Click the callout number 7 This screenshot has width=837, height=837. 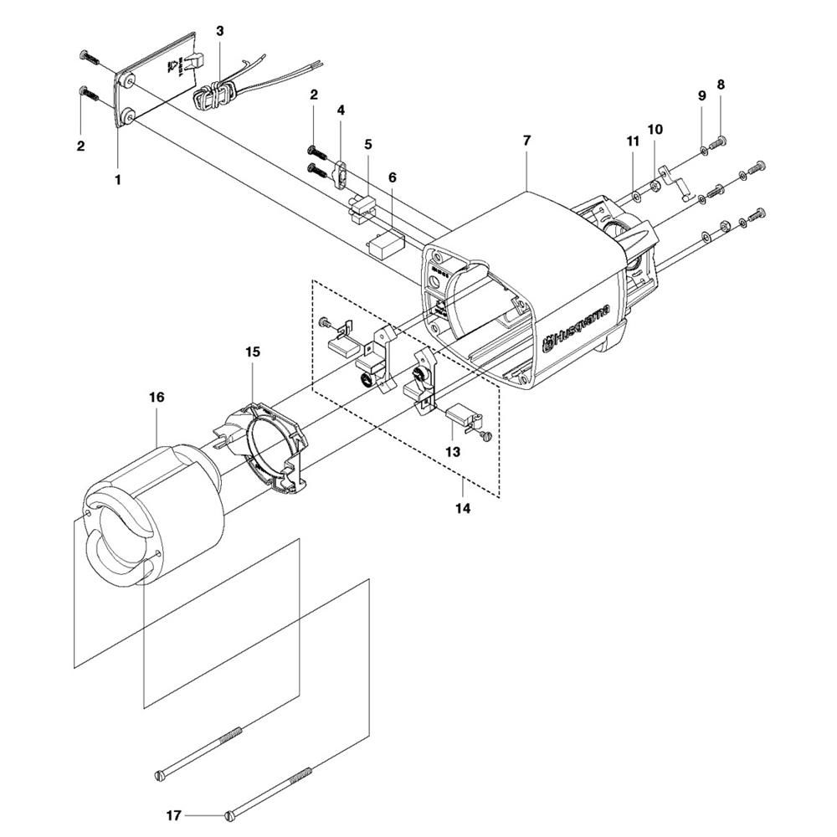tap(526, 140)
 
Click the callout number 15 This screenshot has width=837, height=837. tap(254, 352)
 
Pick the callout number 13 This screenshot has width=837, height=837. tap(453, 451)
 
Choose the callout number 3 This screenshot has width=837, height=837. tap(220, 31)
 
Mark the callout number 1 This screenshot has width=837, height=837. tap(118, 179)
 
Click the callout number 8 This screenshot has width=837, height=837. tap(721, 85)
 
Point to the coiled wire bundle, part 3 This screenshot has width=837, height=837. tap(215, 94)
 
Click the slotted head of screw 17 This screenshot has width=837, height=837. tap(232, 813)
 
